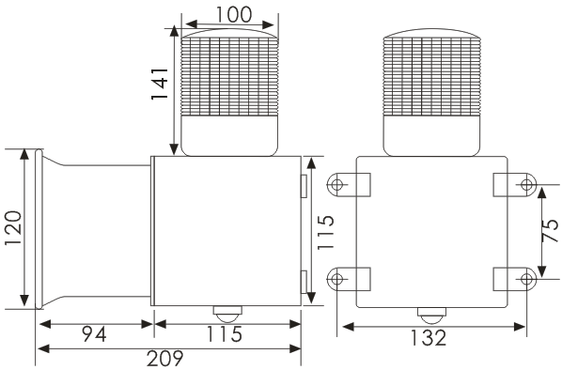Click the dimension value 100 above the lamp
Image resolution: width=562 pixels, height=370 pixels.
(234, 15)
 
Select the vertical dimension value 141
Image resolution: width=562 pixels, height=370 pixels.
(160, 84)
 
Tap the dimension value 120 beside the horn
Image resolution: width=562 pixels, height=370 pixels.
(13, 228)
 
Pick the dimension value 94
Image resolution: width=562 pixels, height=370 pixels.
(94, 334)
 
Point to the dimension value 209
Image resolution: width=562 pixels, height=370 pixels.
(164, 358)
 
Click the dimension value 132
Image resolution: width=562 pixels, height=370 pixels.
(429, 337)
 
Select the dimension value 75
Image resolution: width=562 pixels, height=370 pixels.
(550, 230)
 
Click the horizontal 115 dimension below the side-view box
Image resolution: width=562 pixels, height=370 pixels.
(225, 334)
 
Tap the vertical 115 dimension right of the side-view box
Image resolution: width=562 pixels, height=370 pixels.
(325, 232)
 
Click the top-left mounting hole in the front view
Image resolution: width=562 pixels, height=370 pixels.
(336, 185)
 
